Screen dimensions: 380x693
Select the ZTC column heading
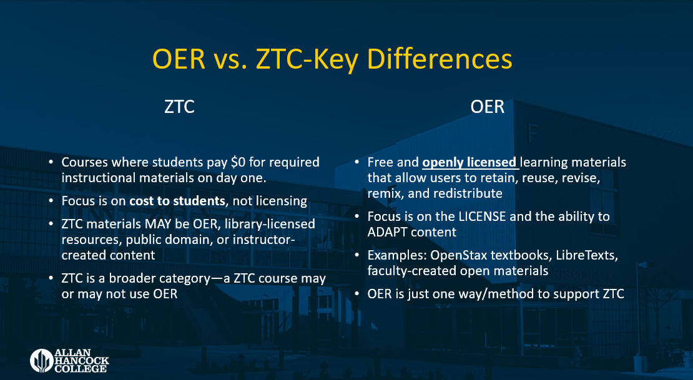click(x=179, y=107)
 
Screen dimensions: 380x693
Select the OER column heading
click(x=487, y=107)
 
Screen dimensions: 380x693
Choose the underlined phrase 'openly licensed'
click(x=470, y=162)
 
